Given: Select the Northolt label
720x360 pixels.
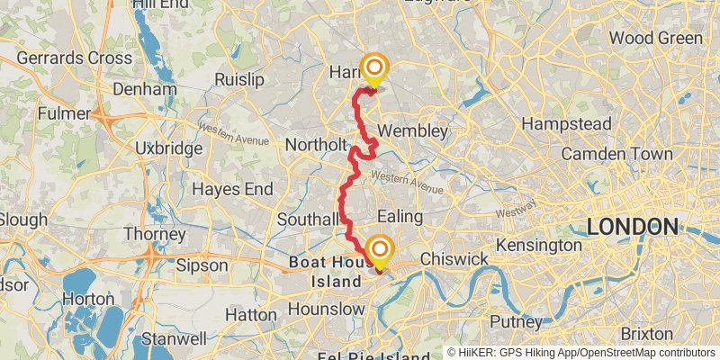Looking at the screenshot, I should [315, 145].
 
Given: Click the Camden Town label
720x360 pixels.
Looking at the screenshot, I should [616, 154].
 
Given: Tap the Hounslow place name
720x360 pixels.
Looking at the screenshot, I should [327, 310].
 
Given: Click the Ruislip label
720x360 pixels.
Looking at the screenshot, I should [239, 79].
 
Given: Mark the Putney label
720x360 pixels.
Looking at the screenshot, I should [517, 321].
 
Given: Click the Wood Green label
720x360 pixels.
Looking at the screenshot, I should [656, 38].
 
